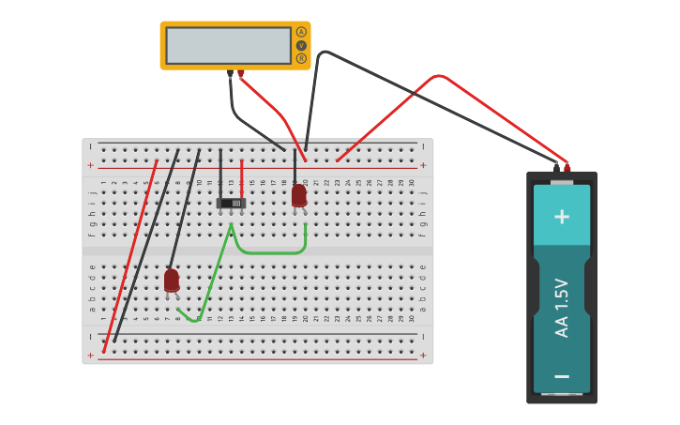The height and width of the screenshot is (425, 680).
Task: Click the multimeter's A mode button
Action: pos(301,32)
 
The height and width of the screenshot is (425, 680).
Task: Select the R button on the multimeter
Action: pos(301,58)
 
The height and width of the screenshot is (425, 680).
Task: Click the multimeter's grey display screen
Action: pos(228,45)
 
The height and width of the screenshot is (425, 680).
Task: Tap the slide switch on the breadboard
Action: pos(231,203)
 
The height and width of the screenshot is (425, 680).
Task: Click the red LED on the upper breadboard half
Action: pos(298,195)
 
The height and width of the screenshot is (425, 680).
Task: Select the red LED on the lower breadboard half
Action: pos(172,280)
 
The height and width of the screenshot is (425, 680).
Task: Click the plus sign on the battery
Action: pos(562,217)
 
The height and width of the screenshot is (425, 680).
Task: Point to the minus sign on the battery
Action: pos(562,376)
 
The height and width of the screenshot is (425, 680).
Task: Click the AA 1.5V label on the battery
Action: pos(562,308)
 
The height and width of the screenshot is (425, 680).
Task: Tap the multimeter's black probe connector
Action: pos(230,73)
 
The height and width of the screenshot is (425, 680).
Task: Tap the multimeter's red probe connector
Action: pos(241,73)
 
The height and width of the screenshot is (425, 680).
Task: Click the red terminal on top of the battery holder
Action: pos(567,168)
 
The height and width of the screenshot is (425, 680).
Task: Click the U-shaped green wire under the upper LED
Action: pos(270,251)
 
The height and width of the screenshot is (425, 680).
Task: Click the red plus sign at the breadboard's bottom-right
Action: pos(423,356)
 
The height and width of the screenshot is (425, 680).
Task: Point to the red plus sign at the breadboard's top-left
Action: pos(90,165)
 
